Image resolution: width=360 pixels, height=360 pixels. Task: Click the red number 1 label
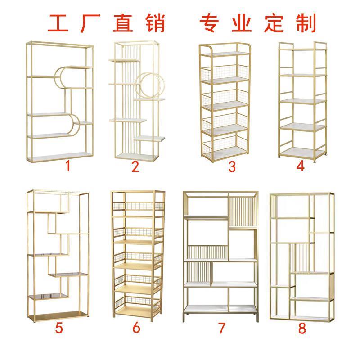68,166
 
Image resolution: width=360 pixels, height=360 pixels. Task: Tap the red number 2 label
135,167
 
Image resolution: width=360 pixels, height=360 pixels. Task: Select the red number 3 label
232,167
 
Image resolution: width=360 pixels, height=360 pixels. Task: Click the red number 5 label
59,327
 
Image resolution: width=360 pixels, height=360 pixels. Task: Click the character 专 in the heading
210,23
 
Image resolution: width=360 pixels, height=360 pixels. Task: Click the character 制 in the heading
306,23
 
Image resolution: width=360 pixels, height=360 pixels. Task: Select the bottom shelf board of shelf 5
58,312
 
